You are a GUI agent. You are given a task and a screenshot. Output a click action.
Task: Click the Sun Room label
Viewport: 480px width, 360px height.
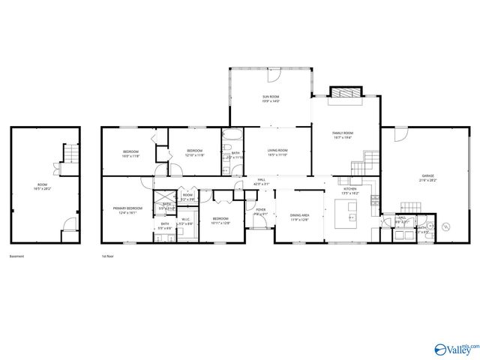pos(271,99)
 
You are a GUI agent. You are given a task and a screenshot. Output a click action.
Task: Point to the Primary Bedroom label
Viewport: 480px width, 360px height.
pos(127,210)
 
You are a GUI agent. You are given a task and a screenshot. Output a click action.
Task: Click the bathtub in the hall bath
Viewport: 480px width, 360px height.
pos(231,137)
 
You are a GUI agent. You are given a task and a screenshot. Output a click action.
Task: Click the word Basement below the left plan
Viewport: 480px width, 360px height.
pos(16,256)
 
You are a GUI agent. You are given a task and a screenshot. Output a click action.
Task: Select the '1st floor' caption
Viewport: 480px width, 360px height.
pos(107,256)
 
